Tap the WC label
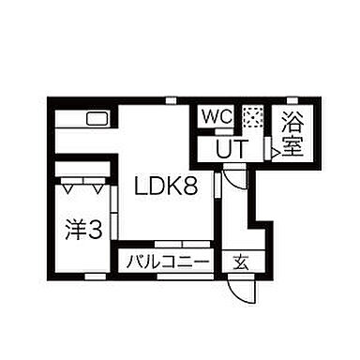pos(216,118)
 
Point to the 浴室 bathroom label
pos(291,134)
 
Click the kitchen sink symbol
pos(97,119)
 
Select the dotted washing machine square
pos(252,118)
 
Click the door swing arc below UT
pos(236,179)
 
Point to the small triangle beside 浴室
pos(274,148)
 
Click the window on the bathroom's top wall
pos(292,99)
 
